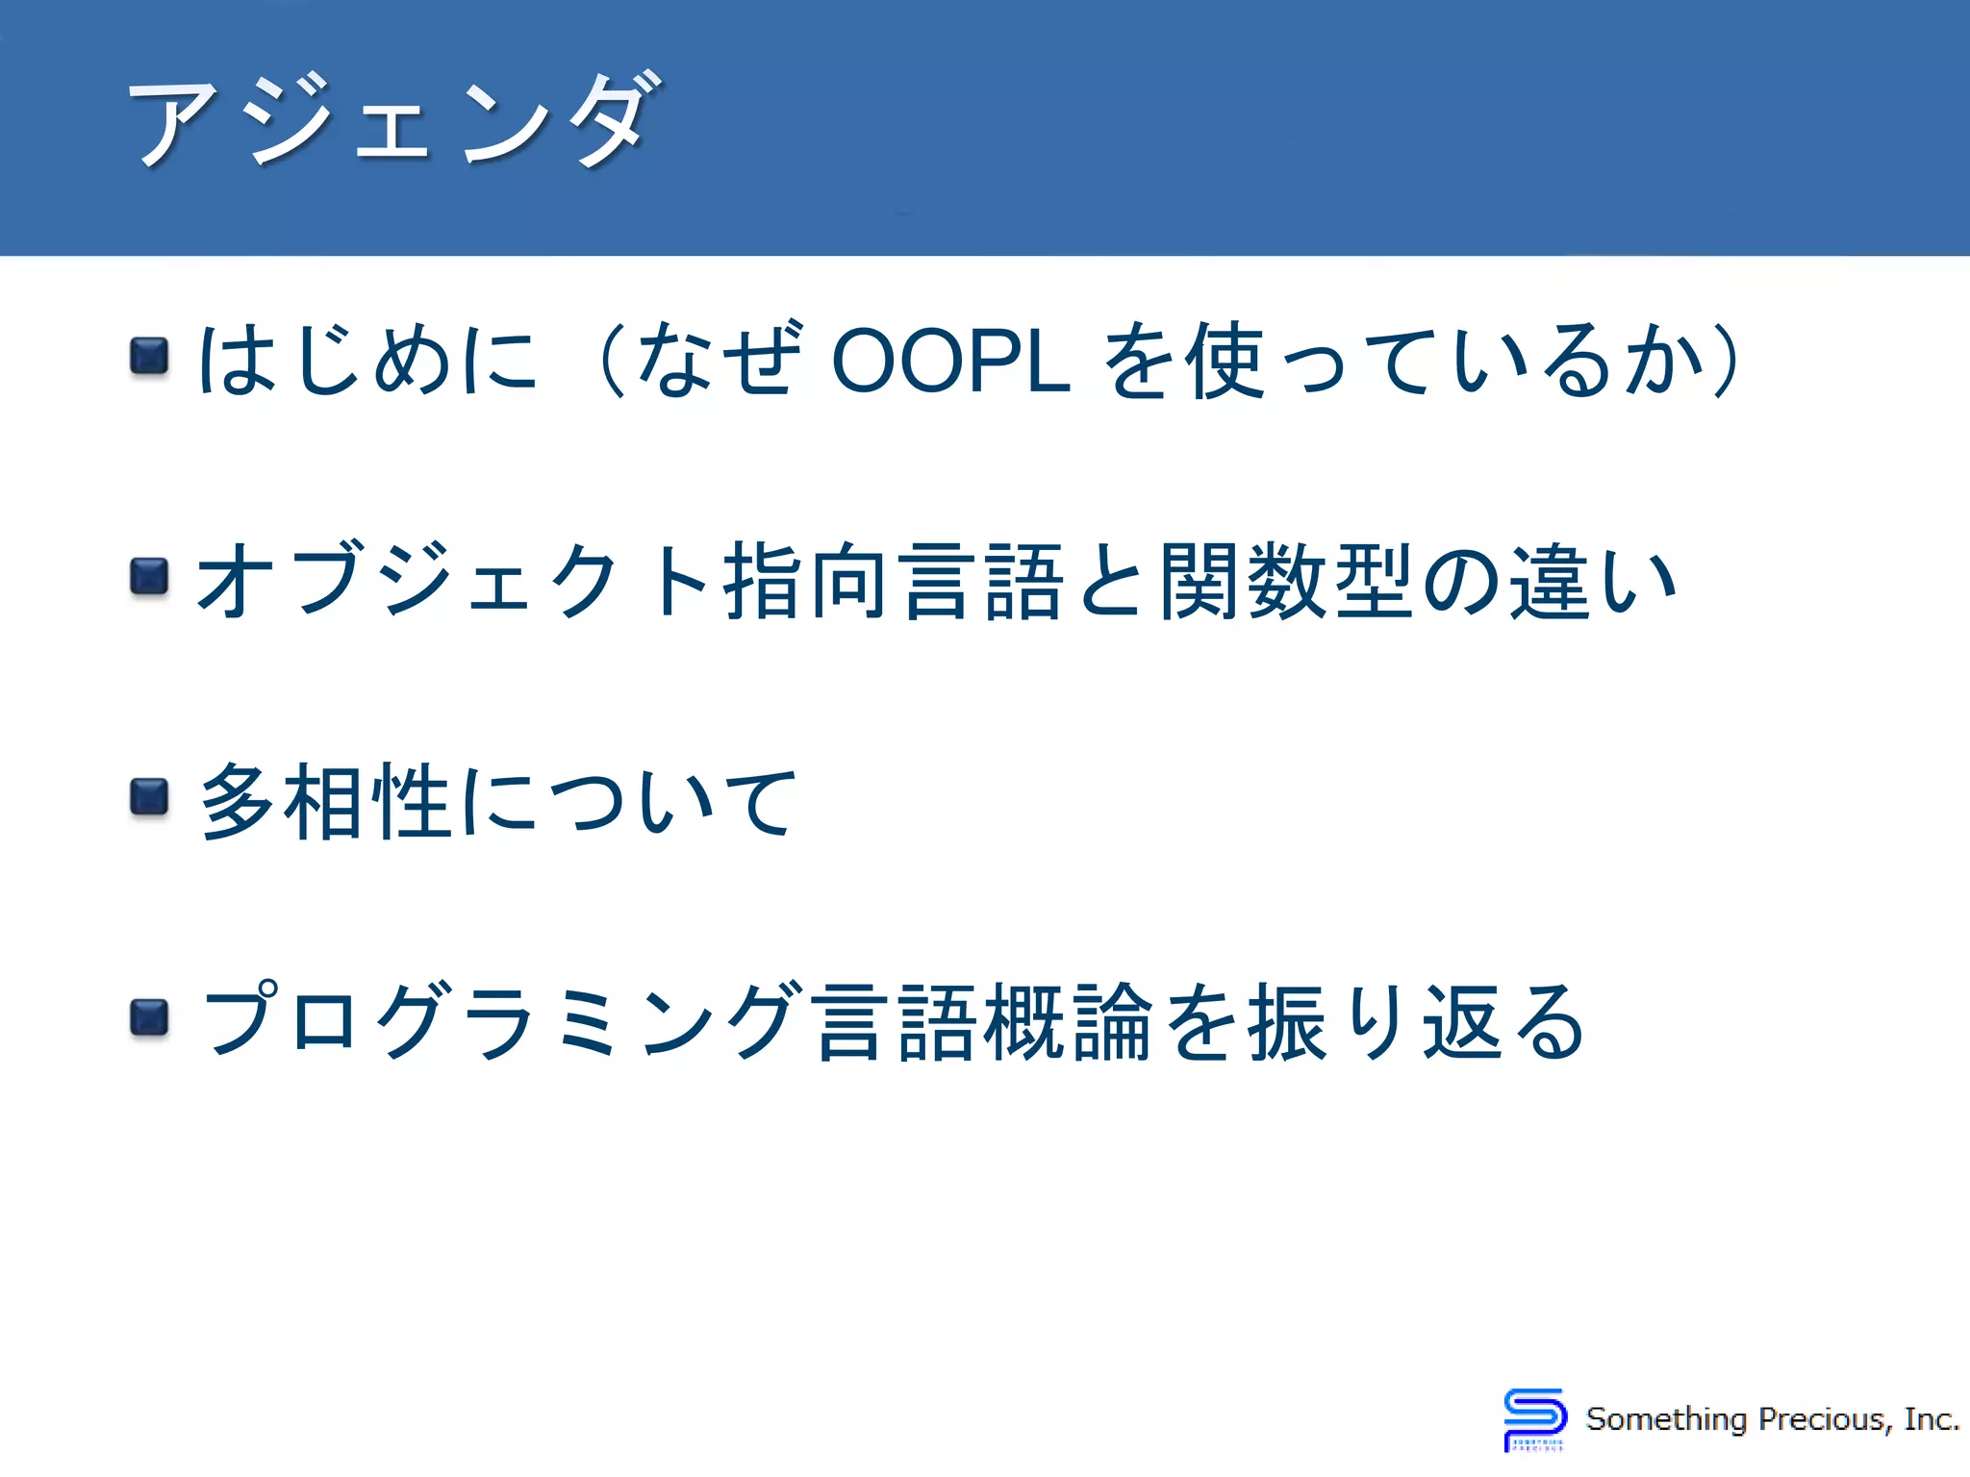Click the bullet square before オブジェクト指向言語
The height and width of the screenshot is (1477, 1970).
pyautogui.click(x=149, y=577)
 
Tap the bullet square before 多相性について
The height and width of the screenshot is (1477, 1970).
pyautogui.click(x=149, y=797)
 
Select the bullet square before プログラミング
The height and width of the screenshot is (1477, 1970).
pyautogui.click(x=149, y=1018)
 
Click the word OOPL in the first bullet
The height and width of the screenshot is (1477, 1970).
pyautogui.click(x=950, y=361)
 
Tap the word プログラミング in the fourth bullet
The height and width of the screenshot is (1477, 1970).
pyautogui.click(x=500, y=1021)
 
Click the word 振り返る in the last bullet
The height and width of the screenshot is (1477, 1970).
pyautogui.click(x=1414, y=1021)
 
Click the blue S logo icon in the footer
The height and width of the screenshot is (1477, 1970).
pyautogui.click(x=1534, y=1418)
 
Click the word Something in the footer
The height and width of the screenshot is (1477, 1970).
pyautogui.click(x=1666, y=1419)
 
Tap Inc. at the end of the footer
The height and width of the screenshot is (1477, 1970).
pyautogui.click(x=1931, y=1419)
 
